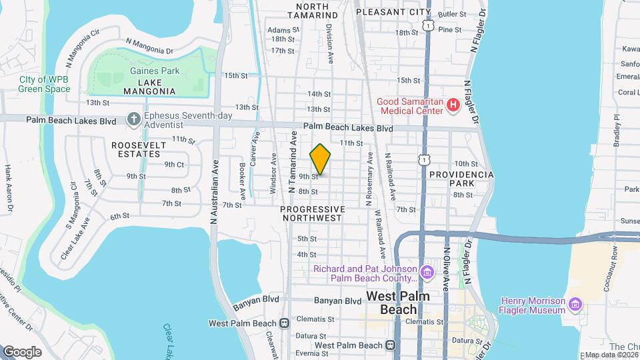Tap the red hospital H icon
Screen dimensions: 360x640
(453, 105)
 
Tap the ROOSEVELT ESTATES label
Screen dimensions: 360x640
(136, 149)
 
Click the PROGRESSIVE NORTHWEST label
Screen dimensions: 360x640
(312, 213)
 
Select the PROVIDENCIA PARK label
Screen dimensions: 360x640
(461, 178)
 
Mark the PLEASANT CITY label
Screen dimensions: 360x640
(393, 12)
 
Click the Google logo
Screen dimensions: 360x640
(22, 351)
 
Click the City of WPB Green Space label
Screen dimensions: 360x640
(45, 84)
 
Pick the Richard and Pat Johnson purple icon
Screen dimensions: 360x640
(427, 273)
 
